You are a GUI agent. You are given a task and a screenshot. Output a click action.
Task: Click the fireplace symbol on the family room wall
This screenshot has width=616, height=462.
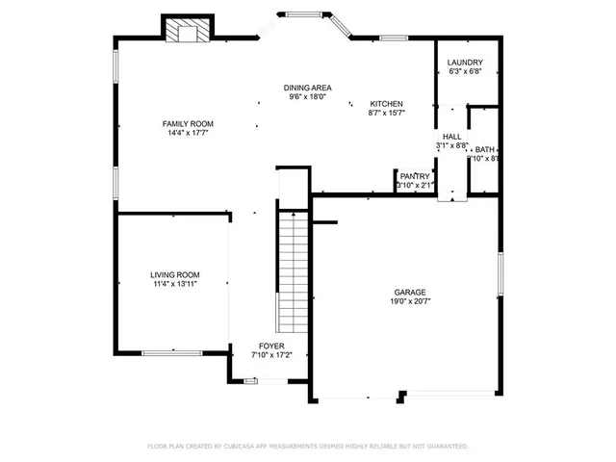click(184, 32)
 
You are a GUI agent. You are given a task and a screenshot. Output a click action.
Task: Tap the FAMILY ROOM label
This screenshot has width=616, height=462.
click(188, 124)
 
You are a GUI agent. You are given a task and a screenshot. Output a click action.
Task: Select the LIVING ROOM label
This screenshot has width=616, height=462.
click(175, 274)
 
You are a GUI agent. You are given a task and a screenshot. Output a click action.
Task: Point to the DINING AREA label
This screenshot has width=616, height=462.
click(307, 88)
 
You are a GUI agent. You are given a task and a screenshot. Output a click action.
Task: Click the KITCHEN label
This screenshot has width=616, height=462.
click(387, 104)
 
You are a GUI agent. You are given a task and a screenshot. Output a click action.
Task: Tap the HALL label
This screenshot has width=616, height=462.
click(451, 138)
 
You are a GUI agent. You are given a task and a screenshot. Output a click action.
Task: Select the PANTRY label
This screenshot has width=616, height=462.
click(416, 176)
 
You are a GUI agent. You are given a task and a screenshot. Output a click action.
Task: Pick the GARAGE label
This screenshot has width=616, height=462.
click(409, 293)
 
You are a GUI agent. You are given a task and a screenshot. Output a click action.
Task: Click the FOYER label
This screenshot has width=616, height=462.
click(271, 346)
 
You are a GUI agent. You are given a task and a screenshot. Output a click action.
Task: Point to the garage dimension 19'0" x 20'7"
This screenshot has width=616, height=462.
click(409, 301)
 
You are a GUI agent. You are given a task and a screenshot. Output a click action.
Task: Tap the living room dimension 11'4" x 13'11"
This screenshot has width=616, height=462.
click(174, 284)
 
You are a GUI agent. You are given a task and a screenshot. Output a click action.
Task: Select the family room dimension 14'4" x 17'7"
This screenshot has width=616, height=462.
click(188, 133)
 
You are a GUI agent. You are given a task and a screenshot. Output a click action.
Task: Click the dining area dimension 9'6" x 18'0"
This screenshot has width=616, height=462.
click(307, 96)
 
